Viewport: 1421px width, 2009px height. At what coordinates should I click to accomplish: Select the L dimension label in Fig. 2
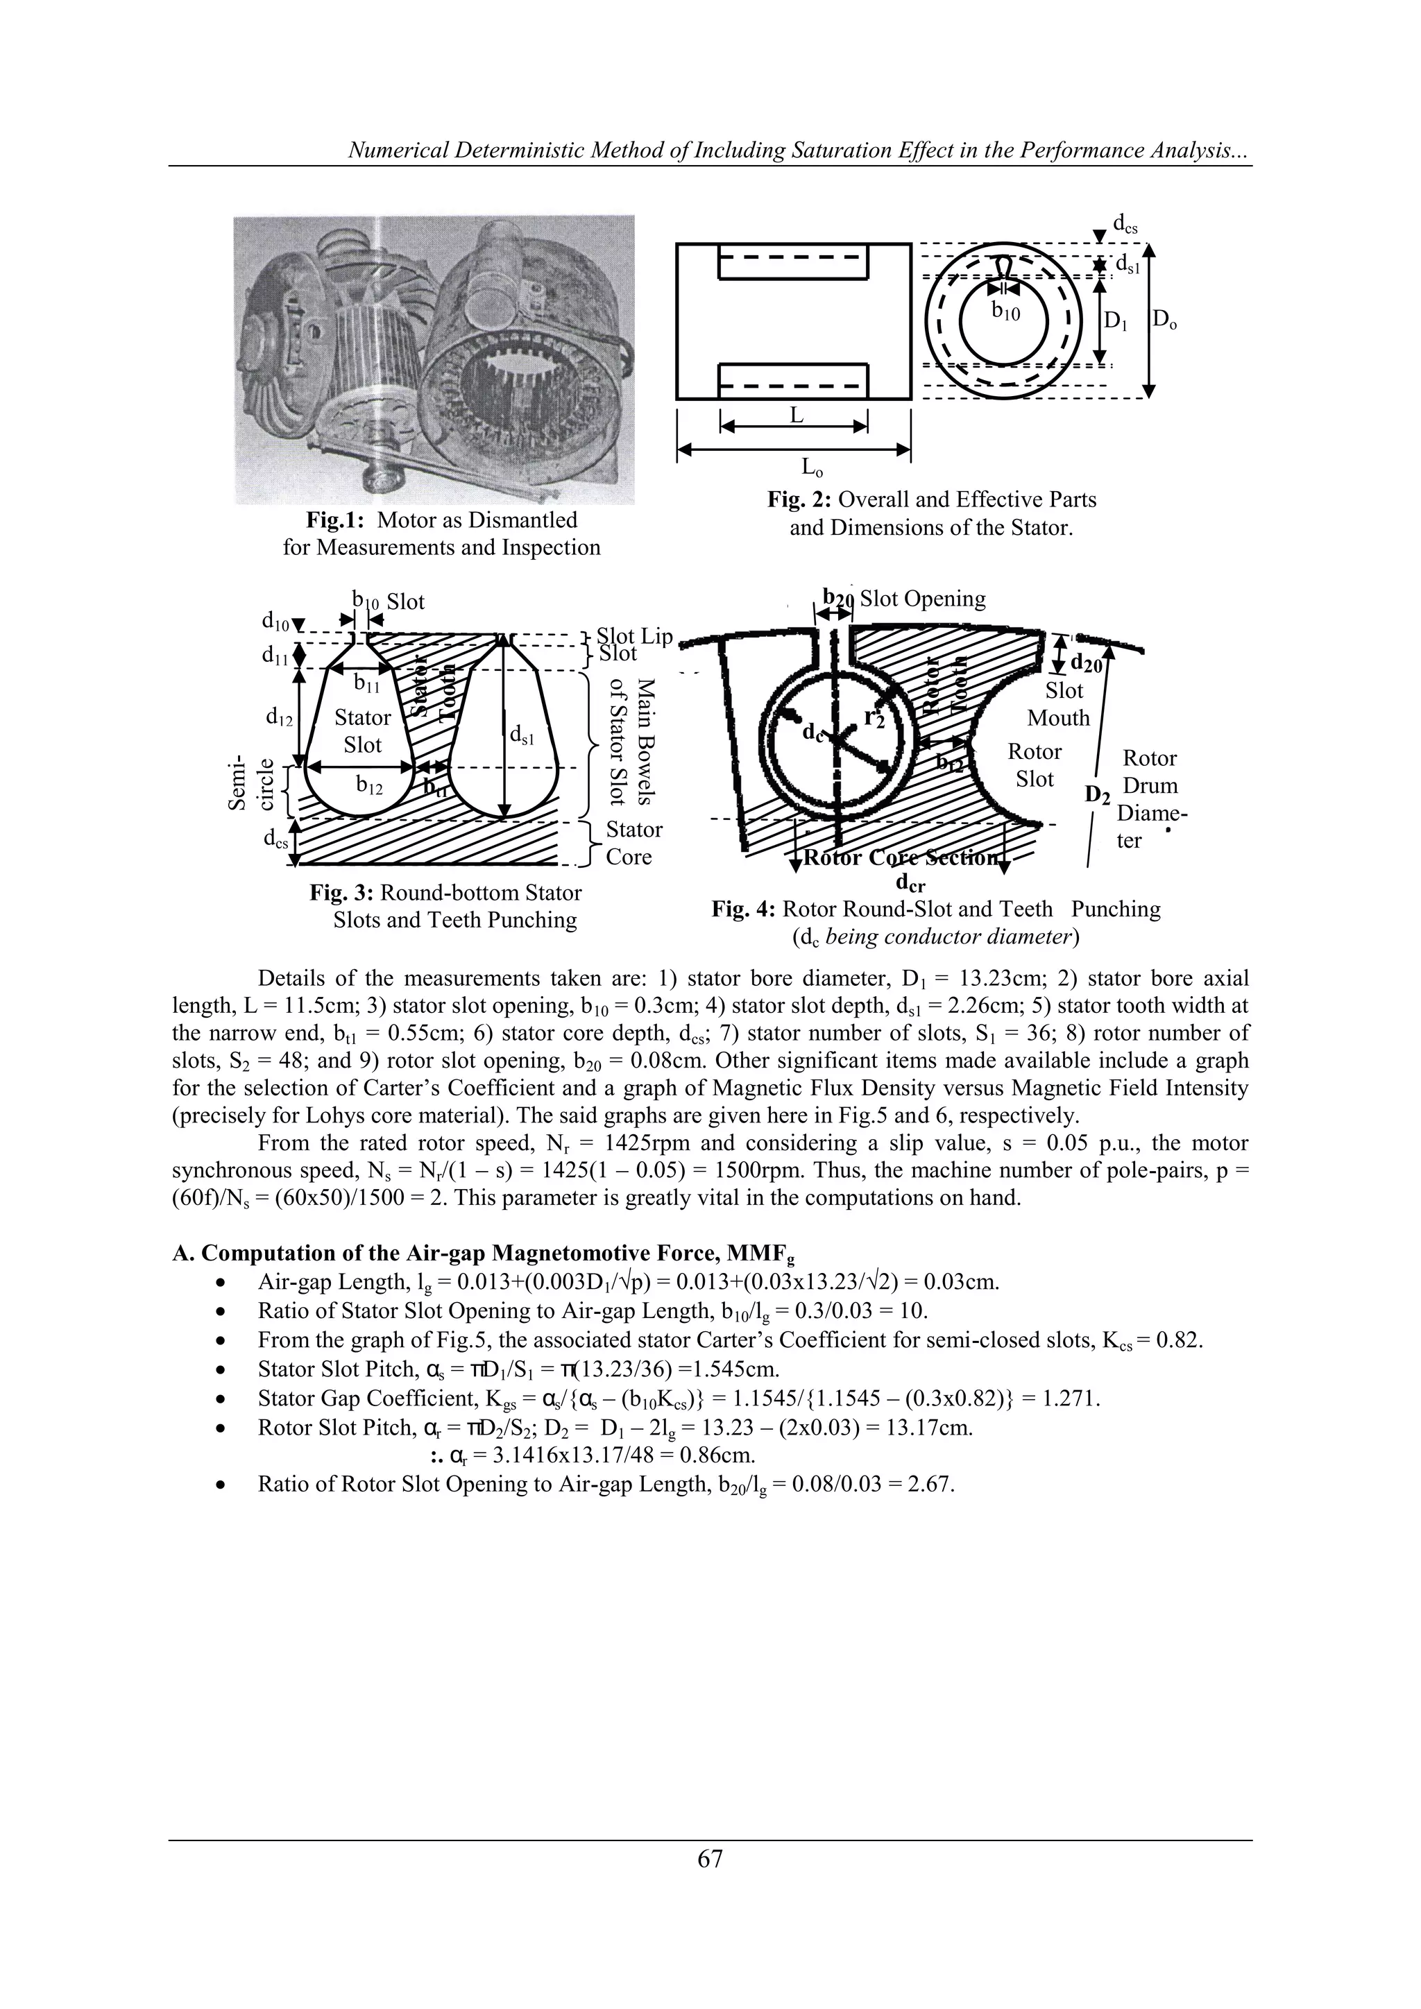[795, 416]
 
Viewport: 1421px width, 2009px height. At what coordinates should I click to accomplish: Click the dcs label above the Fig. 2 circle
[1124, 225]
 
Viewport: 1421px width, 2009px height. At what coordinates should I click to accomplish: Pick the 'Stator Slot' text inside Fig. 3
[362, 730]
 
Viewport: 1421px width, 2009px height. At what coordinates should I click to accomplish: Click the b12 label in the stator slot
[369, 787]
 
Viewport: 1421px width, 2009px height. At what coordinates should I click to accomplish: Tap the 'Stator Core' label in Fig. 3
[633, 843]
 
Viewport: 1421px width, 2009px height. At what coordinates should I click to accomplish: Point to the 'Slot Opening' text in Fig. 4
[922, 599]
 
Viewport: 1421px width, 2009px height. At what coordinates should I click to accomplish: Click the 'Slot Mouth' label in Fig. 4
[1060, 704]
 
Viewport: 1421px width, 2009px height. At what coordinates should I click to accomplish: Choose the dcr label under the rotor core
[910, 884]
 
